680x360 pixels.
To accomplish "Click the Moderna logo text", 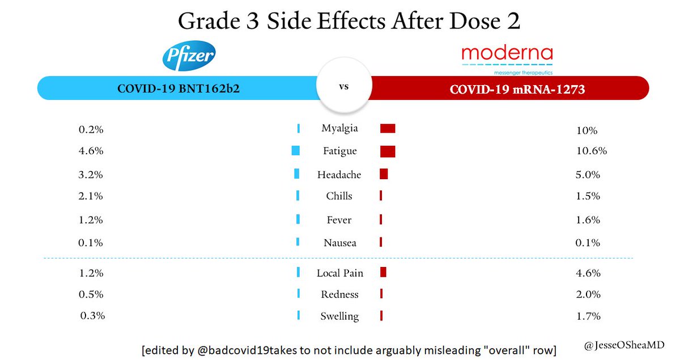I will pyautogui.click(x=507, y=54).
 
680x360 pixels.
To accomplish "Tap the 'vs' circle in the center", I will pyautogui.click(x=343, y=88).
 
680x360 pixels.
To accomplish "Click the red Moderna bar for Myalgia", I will pyautogui.click(x=388, y=129).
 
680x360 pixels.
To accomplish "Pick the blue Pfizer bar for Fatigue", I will pyautogui.click(x=295, y=151).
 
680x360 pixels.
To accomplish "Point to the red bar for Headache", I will pyautogui.click(x=384, y=174).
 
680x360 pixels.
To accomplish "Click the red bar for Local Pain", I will pyautogui.click(x=383, y=272).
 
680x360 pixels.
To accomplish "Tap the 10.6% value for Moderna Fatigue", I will pyautogui.click(x=591, y=151).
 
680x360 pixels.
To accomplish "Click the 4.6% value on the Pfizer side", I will pyautogui.click(x=91, y=151).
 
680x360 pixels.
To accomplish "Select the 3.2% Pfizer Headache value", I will pyautogui.click(x=91, y=175).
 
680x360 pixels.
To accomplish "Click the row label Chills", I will pyautogui.click(x=339, y=196).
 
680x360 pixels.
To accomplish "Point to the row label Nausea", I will pyautogui.click(x=339, y=243).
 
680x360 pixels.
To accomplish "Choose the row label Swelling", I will pyautogui.click(x=339, y=316).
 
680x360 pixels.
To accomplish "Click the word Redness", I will pyautogui.click(x=339, y=294).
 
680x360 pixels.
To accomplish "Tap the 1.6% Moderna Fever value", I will pyautogui.click(x=588, y=220).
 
